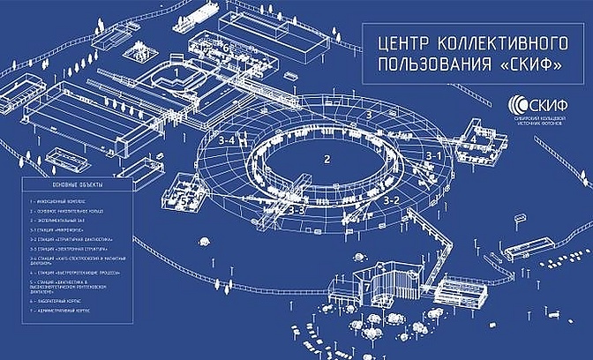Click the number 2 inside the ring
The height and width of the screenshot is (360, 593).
(327, 160)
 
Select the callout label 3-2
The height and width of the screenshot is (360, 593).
(391, 200)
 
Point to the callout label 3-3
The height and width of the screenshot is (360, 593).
(296, 211)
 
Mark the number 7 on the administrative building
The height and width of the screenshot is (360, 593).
(366, 287)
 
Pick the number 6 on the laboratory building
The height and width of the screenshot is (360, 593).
(226, 48)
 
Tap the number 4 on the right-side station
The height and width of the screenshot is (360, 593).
(472, 139)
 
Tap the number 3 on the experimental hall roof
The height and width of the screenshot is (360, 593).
(368, 115)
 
